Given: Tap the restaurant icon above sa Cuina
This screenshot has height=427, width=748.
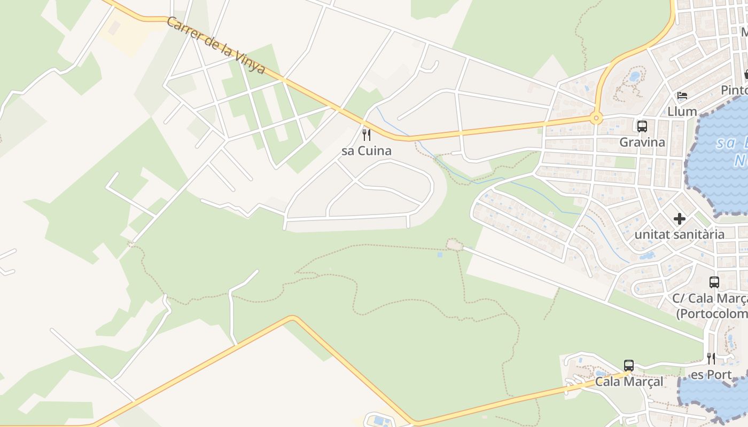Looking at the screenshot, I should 367,135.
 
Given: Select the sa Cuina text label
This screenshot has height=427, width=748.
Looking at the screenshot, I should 367,151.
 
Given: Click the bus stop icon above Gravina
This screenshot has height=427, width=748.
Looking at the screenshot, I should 642,126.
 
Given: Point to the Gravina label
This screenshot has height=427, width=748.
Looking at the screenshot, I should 642,143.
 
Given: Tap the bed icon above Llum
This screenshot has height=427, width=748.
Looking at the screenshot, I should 682,96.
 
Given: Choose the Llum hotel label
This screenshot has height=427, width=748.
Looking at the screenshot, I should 682,112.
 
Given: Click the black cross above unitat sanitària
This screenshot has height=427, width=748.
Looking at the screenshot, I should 680,219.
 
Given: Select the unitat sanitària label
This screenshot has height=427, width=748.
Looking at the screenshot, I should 680,234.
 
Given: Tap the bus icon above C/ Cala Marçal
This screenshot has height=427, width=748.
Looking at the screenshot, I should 714,282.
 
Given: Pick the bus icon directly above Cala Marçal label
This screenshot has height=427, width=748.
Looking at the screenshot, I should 629,366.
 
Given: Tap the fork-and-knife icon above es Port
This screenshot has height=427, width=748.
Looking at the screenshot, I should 711,358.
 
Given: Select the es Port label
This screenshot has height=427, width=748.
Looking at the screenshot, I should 711,375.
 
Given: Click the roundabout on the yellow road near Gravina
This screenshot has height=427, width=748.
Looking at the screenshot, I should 596,118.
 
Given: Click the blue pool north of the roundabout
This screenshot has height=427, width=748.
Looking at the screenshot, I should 634,76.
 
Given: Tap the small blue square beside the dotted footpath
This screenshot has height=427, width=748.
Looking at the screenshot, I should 440,255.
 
